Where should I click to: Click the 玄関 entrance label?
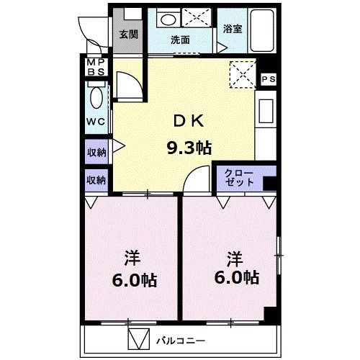point(130,34)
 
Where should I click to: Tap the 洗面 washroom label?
point(180,40)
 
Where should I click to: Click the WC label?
point(96,121)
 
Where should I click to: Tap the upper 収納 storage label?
point(96,152)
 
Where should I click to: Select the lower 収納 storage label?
point(96,179)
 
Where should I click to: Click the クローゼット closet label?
point(239,178)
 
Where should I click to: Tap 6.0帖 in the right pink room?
point(235,276)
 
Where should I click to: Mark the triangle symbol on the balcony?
point(138,338)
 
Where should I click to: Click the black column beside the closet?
point(269,184)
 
